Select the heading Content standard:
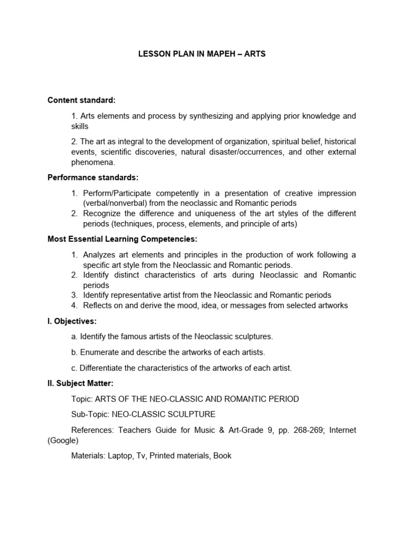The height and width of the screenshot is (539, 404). (82, 100)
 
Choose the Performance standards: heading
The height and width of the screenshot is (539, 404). (93, 178)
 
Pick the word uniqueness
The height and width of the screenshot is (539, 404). (222, 214)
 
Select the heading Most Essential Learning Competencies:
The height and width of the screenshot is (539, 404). (123, 239)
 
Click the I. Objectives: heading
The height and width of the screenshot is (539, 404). (72, 321)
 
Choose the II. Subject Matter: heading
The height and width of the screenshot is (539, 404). (80, 384)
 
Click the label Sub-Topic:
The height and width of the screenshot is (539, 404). (90, 414)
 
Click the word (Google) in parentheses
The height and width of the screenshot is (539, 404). (63, 441)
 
